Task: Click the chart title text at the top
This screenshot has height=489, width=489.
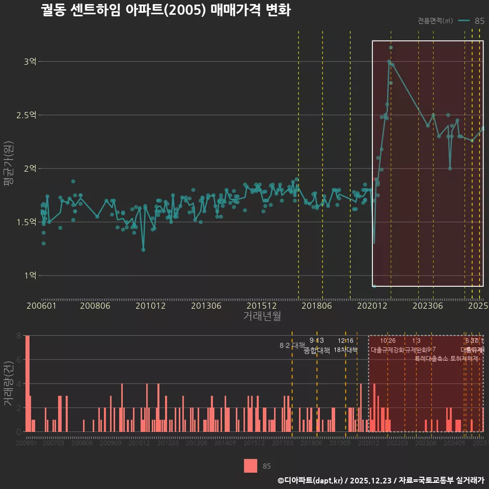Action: pyautogui.click(x=166, y=11)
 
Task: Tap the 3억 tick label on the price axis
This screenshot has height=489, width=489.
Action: pyautogui.click(x=30, y=62)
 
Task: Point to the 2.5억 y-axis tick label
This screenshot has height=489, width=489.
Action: pyautogui.click(x=27, y=115)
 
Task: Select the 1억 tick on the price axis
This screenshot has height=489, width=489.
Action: pyautogui.click(x=30, y=276)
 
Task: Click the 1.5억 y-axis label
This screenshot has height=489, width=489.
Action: pyautogui.click(x=27, y=222)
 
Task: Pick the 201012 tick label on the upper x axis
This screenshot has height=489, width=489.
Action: pyautogui.click(x=150, y=306)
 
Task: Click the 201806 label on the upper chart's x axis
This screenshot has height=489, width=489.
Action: pyautogui.click(x=317, y=306)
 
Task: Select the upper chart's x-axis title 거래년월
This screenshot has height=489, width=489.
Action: pyautogui.click(x=262, y=316)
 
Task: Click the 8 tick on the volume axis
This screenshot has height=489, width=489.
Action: pyautogui.click(x=18, y=336)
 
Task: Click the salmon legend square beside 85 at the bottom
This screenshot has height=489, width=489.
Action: pyautogui.click(x=251, y=466)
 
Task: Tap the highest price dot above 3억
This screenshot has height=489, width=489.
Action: pyautogui.click(x=391, y=47)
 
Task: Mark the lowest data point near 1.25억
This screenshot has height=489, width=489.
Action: pyautogui.click(x=143, y=250)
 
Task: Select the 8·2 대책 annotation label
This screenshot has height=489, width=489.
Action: pyautogui.click(x=291, y=345)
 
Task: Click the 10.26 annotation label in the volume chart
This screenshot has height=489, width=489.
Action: pyautogui.click(x=388, y=341)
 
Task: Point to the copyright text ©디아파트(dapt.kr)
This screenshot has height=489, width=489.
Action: pyautogui.click(x=311, y=480)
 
